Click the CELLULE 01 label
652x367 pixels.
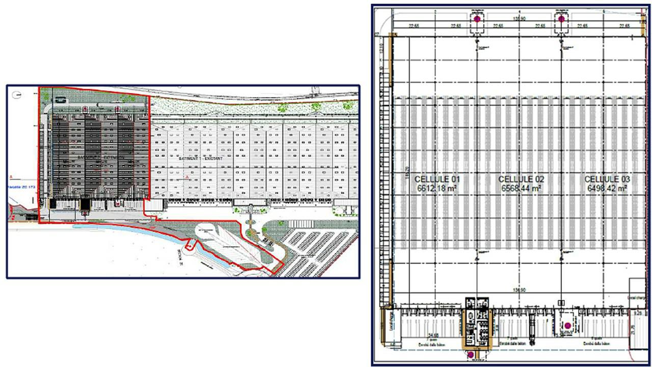[438, 179]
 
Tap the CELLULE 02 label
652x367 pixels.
[521, 179]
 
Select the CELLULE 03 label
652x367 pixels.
[607, 179]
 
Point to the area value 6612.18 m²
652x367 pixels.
[438, 188]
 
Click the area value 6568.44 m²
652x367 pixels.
[521, 188]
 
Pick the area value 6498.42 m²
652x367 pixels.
[607, 188]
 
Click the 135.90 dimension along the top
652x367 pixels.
[519, 18]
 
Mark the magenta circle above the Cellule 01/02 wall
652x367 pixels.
[477, 19]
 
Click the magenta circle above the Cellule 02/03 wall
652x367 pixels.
[561, 19]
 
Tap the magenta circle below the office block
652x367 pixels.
[471, 354]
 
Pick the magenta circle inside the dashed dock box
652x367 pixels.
[567, 325]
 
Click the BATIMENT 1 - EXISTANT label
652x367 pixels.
[199, 159]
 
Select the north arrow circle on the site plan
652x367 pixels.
[17, 95]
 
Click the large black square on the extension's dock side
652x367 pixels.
[85, 204]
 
